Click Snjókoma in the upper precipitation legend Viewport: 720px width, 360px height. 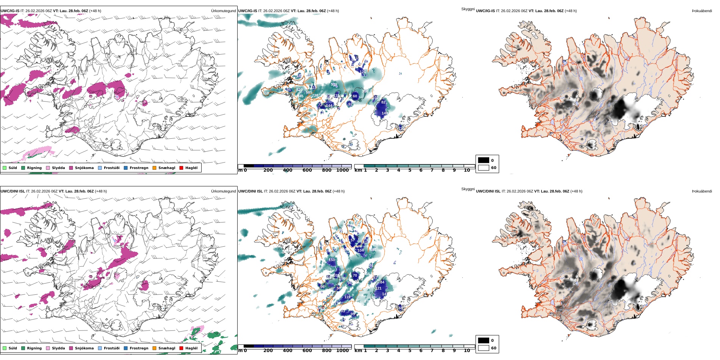pos(84,168)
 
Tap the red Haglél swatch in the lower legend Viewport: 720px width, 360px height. pos(182,348)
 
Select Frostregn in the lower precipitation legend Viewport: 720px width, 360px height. pos(139,348)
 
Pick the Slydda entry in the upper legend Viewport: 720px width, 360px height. pos(58,168)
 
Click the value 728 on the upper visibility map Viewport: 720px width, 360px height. pos(315,95)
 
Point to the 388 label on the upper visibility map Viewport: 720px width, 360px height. pos(266,93)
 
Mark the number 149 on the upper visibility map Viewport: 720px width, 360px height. pos(385,113)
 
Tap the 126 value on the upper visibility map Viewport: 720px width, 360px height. pos(363,72)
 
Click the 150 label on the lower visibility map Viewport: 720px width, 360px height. pos(332,260)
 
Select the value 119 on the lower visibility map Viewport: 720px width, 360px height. pos(347,297)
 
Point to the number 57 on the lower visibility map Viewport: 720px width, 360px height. pos(352,240)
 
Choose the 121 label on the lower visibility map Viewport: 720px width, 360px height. pos(379,288)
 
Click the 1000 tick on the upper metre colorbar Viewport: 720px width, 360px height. pos(342,171)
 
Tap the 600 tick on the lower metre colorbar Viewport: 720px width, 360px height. pos(307,351)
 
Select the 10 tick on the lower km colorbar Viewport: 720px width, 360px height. pos(467,351)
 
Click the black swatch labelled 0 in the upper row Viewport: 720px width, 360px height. pos(484,160)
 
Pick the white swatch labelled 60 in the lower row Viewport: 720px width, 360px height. pos(484,348)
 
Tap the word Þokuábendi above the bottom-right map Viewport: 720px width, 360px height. pos(702,191)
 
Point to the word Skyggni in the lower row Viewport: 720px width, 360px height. pos(468,189)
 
